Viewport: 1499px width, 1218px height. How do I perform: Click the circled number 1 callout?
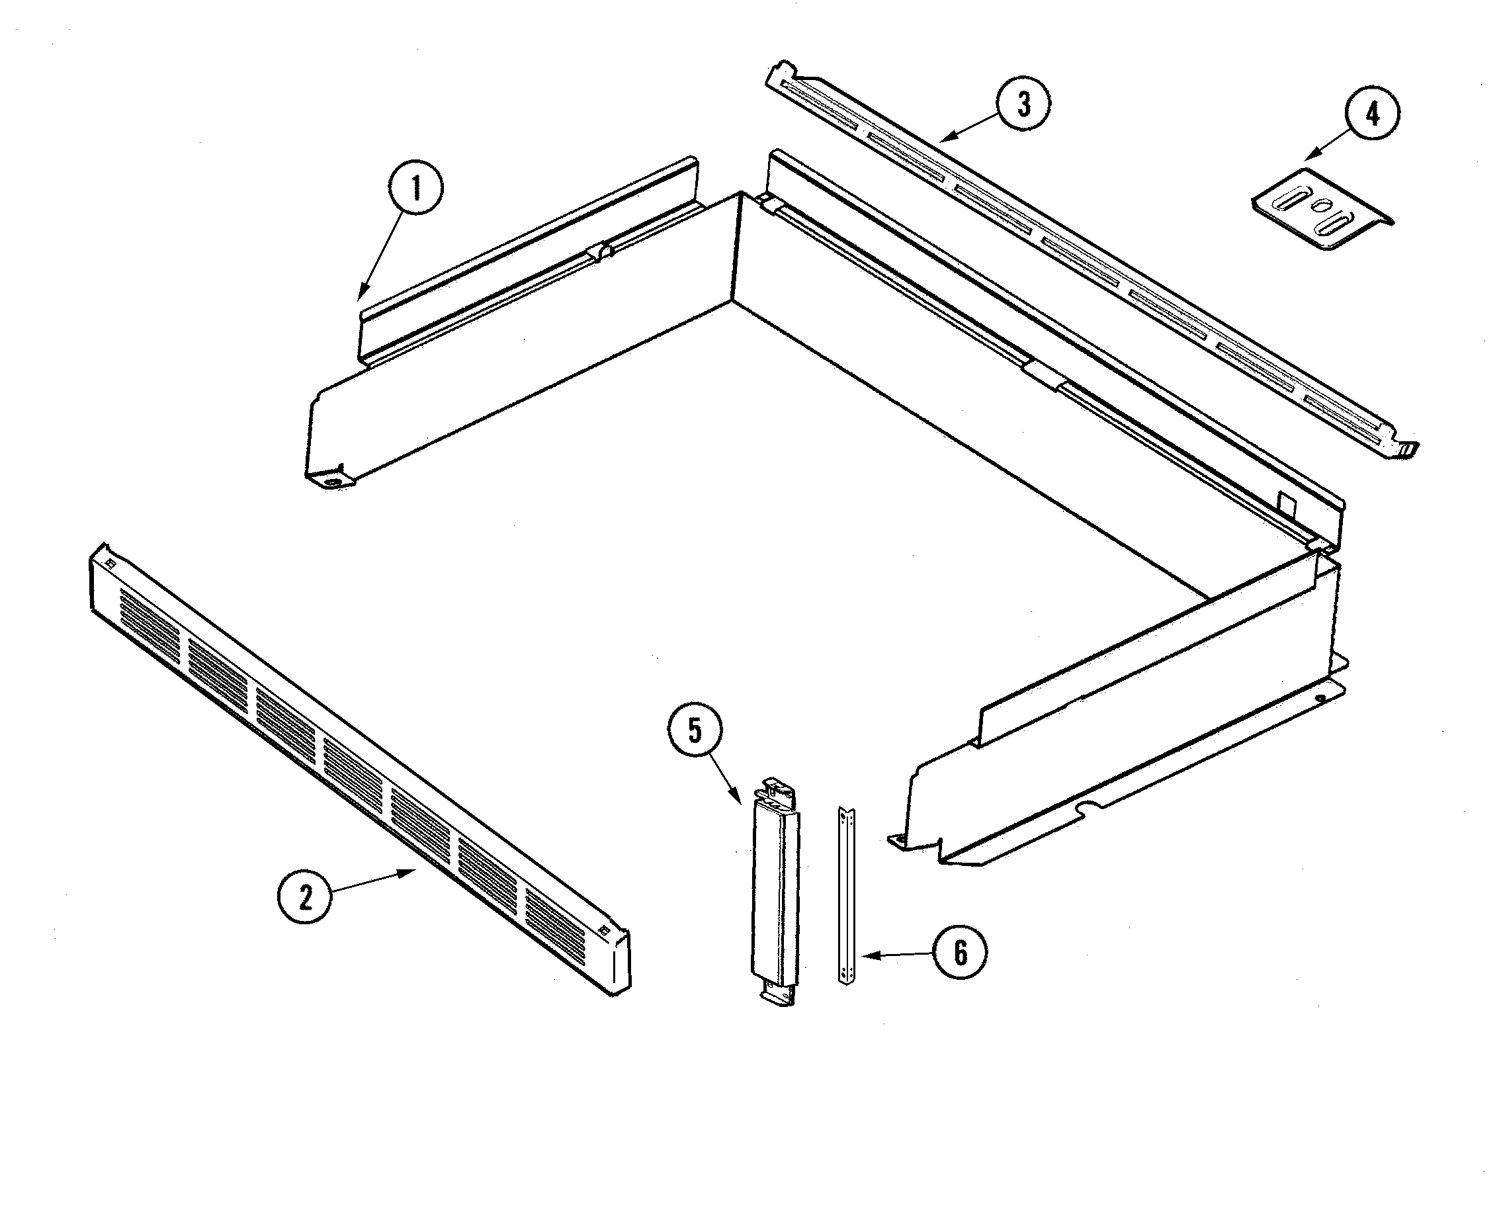416,188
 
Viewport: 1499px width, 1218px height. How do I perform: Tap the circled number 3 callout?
1023,104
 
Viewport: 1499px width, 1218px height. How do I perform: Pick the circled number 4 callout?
1372,114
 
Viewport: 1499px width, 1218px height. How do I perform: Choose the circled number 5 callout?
694,730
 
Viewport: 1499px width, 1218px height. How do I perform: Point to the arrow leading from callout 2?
372,881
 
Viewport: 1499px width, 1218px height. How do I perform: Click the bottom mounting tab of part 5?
778,994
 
